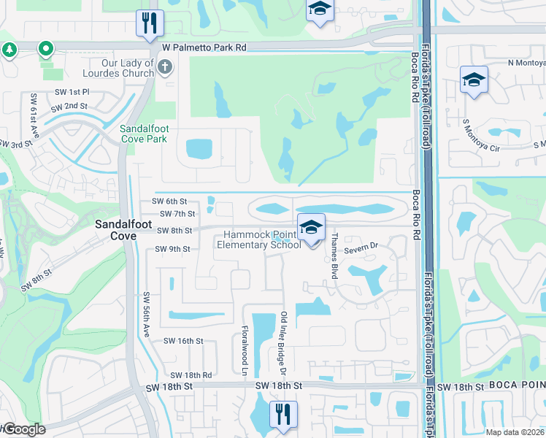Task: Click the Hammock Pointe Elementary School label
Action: [259, 239]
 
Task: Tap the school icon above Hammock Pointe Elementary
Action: [311, 228]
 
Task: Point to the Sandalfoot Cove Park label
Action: [147, 134]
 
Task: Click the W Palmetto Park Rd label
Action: [204, 47]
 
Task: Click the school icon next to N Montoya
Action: [474, 80]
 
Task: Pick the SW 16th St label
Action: [182, 341]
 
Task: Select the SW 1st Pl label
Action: [71, 92]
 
